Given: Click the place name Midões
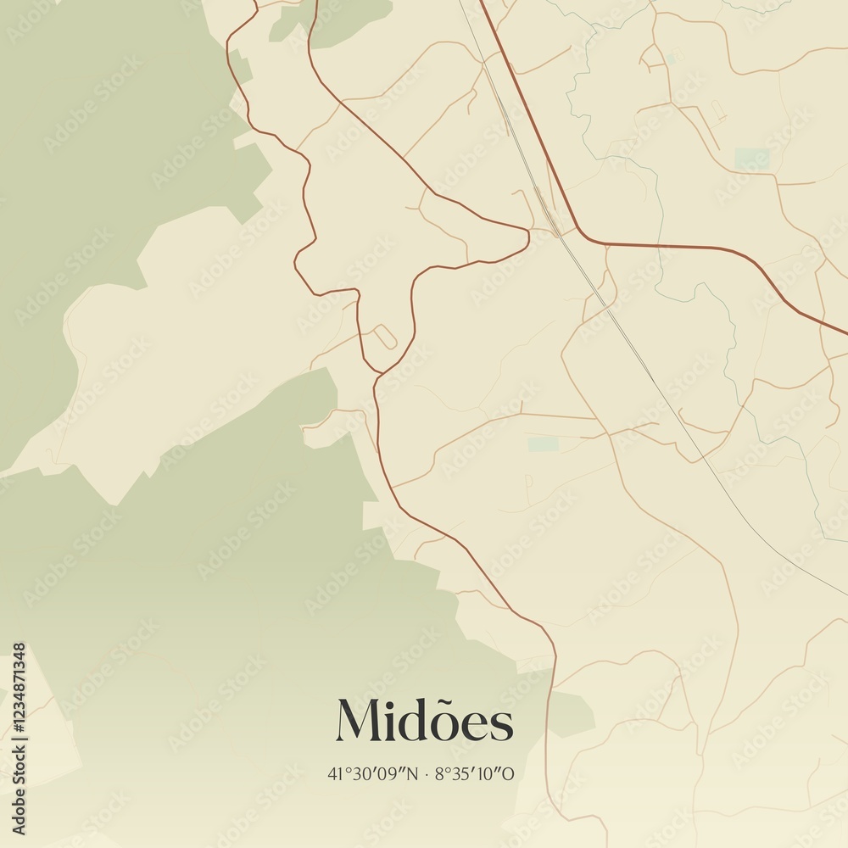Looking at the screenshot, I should tap(424, 722).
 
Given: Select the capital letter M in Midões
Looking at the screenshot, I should tap(357, 721).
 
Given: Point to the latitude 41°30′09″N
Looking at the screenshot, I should tap(373, 773).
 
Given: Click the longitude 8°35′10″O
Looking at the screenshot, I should tap(474, 773).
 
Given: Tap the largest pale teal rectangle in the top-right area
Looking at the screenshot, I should tap(751, 159).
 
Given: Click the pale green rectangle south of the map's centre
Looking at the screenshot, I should tap(543, 444).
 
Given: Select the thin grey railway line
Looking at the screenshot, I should tap(628, 339).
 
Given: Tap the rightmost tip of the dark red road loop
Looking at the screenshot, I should tap(529, 237).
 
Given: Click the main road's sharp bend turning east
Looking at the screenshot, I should tap(585, 238).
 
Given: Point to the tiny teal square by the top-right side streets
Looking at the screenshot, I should tap(670, 59).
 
